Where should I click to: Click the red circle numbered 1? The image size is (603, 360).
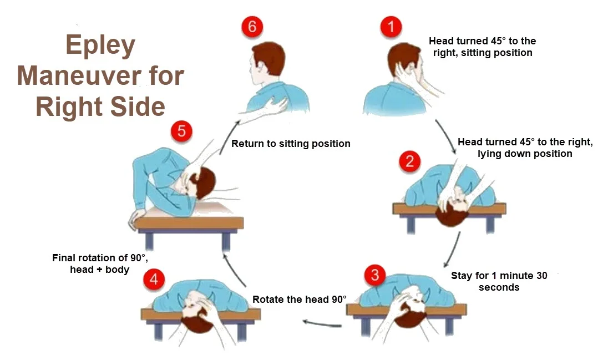391,27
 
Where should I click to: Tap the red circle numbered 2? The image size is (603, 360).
409,161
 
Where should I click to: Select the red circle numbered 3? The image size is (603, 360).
375,275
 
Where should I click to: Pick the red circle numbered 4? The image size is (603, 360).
154,279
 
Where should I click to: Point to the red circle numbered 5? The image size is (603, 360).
181,131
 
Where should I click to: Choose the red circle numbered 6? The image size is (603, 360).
252,27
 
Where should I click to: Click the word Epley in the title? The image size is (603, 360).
100,46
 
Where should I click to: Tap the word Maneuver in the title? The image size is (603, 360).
79,76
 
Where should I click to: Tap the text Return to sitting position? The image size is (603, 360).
291,144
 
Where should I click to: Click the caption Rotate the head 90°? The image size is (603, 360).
299,300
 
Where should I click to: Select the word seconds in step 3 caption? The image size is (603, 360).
499,287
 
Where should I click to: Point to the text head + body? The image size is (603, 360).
100,269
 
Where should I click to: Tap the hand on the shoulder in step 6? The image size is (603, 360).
276,106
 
